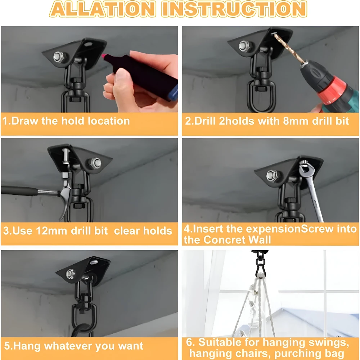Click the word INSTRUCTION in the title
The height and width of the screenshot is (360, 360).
[234, 9]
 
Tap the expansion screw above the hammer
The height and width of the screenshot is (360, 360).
[66, 156]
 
